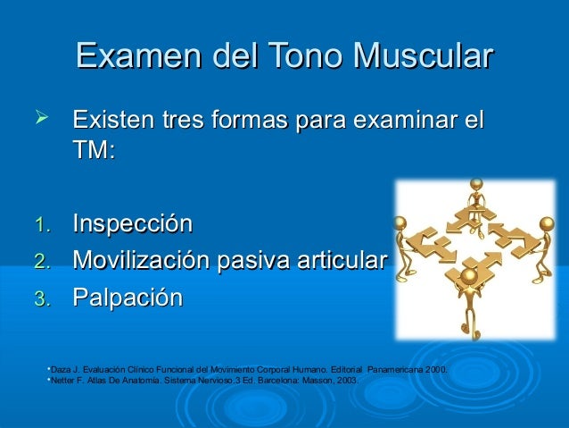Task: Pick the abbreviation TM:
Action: point(94,151)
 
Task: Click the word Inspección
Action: point(133,222)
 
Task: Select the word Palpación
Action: point(128,298)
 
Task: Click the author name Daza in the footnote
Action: point(62,368)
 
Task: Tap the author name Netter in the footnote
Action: point(62,379)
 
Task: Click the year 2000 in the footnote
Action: point(434,368)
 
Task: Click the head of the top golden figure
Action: point(476,185)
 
